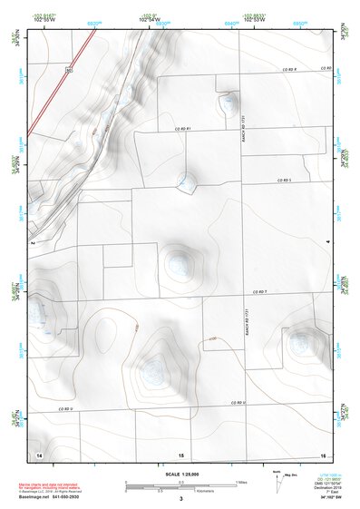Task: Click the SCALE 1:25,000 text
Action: pyautogui.click(x=181, y=474)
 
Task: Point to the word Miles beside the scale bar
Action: pyautogui.click(x=241, y=481)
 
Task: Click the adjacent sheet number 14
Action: pyautogui.click(x=38, y=453)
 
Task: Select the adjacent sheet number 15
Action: pyautogui.click(x=181, y=453)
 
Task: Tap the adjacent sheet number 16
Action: pyautogui.click(x=322, y=453)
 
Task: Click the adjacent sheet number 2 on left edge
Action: pyautogui.click(x=32, y=243)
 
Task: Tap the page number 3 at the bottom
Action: pyautogui.click(x=181, y=499)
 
